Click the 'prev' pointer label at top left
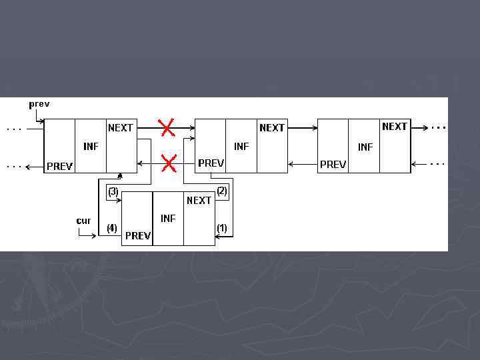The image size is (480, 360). coord(39,105)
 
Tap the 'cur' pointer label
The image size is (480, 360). coord(83,221)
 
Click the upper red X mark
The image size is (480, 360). coord(167,126)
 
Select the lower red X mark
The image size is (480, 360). coord(169,162)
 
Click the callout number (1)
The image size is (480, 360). coord(221,228)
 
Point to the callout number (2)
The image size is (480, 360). coord(222,191)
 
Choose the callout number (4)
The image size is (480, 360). coord(112,228)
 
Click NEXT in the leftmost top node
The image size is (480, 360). coord(121,127)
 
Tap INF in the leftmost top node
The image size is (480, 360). coord(91,146)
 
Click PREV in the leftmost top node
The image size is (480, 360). coord(59,166)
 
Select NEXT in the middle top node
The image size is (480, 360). coord(272,127)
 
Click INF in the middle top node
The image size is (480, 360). coord(241,146)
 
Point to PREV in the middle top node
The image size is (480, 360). coord(211,163)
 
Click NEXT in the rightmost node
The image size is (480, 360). coord(395,126)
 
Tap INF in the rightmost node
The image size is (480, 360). coord(365,147)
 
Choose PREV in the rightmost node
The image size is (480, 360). coord(333,164)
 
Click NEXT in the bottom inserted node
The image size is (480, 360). coord(199,200)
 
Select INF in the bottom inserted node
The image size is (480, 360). coord(168,218)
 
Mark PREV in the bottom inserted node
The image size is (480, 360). coord(138,236)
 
